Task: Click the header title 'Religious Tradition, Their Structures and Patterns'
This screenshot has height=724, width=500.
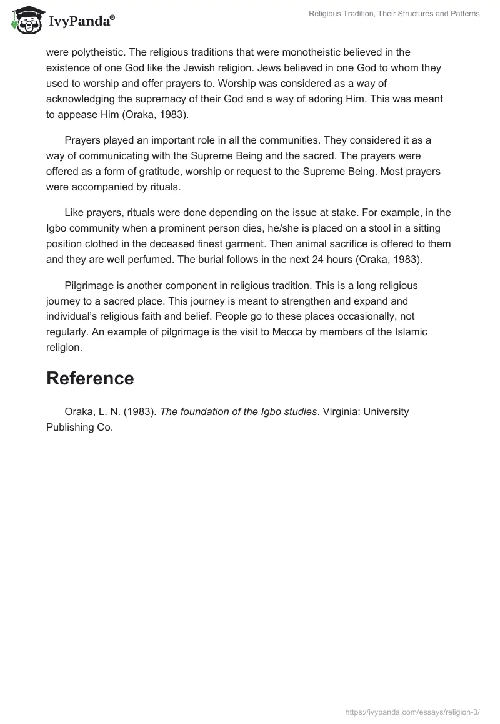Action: [394, 14]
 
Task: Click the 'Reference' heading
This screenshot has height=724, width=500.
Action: [90, 378]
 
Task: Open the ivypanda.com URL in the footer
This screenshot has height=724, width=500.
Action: [412, 712]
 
